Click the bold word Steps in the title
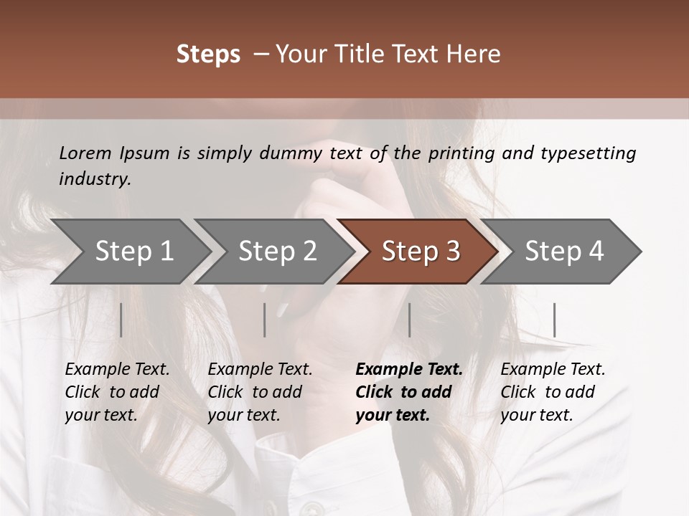click(208, 54)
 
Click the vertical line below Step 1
click(121, 320)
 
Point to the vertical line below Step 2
click(265, 320)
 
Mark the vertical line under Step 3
click(409, 320)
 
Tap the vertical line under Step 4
click(554, 320)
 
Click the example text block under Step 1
click(117, 392)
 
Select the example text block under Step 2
click(260, 392)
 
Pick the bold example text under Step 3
click(409, 392)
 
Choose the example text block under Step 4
click(553, 392)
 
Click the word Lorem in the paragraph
click(85, 153)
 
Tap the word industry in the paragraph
click(95, 179)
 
